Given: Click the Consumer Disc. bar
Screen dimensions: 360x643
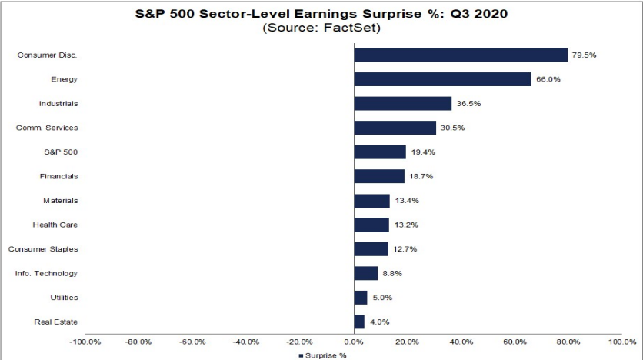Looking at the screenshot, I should [x=460, y=55].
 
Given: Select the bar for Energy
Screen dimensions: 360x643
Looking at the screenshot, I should [x=442, y=79].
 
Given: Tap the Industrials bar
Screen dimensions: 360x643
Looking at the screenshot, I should [x=402, y=103].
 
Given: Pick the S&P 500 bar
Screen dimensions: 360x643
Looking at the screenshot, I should [x=379, y=152].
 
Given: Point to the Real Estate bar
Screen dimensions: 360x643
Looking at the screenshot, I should [x=359, y=322].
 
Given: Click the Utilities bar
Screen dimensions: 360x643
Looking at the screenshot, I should [x=360, y=298].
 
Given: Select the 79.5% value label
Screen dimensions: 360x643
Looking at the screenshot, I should [x=584, y=55].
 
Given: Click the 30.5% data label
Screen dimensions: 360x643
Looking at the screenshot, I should [x=452, y=128].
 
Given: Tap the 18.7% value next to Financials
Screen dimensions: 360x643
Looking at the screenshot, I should [x=421, y=176].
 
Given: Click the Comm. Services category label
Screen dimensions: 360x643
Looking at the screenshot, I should [x=47, y=128].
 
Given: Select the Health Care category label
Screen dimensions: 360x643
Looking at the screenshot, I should [x=55, y=225].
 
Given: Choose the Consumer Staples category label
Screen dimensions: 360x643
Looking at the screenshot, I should [x=43, y=249].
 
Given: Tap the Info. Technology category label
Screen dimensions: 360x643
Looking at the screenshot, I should [x=46, y=273].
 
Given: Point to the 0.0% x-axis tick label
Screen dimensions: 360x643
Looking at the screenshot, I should [x=354, y=342].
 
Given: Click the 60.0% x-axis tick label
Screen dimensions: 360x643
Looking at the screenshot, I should [x=515, y=342].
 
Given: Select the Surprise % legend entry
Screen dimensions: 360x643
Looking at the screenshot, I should [x=323, y=355].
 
